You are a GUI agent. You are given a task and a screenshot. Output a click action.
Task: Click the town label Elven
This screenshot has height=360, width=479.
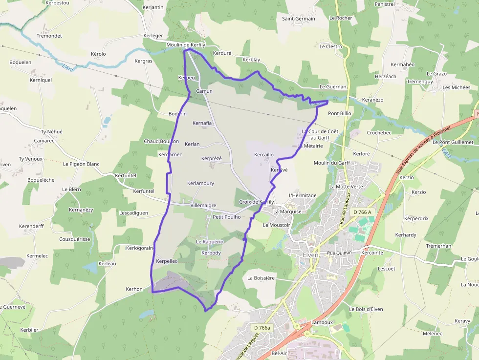tap(310, 255)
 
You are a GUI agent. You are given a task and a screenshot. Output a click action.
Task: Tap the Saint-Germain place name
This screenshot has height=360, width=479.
tap(299, 19)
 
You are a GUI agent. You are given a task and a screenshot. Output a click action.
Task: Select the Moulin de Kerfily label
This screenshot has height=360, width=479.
tap(186, 45)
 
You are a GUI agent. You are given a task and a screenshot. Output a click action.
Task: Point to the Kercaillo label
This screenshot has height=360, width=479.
tap(264, 155)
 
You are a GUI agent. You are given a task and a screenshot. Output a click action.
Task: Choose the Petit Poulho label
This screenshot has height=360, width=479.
tap(227, 217)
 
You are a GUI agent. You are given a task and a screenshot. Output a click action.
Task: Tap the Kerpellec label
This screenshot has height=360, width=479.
tap(166, 261)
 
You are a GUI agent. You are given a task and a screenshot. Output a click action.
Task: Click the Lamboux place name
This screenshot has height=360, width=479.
tap(322, 322)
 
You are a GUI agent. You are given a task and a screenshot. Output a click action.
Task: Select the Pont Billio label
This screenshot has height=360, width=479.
tap(340, 113)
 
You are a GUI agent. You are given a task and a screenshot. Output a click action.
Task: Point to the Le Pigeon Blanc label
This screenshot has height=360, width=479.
tap(81, 164)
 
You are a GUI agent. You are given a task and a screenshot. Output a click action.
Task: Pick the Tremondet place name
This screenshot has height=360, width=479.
tap(49, 36)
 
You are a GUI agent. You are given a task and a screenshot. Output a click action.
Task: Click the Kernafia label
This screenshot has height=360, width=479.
tap(202, 123)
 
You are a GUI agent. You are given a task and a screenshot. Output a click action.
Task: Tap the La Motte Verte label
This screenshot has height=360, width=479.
tap(346, 187)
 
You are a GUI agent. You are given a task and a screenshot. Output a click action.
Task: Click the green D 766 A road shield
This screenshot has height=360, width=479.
tap(362, 212)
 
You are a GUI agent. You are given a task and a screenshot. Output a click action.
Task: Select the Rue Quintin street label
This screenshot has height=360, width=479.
tap(340, 253)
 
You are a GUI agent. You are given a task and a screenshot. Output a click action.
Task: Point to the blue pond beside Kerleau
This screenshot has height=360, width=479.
tap(90, 267)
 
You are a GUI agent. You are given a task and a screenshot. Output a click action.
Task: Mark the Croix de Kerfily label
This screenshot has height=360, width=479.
tap(257, 202)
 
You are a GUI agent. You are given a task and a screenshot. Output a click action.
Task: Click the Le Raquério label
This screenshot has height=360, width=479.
tap(210, 242)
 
